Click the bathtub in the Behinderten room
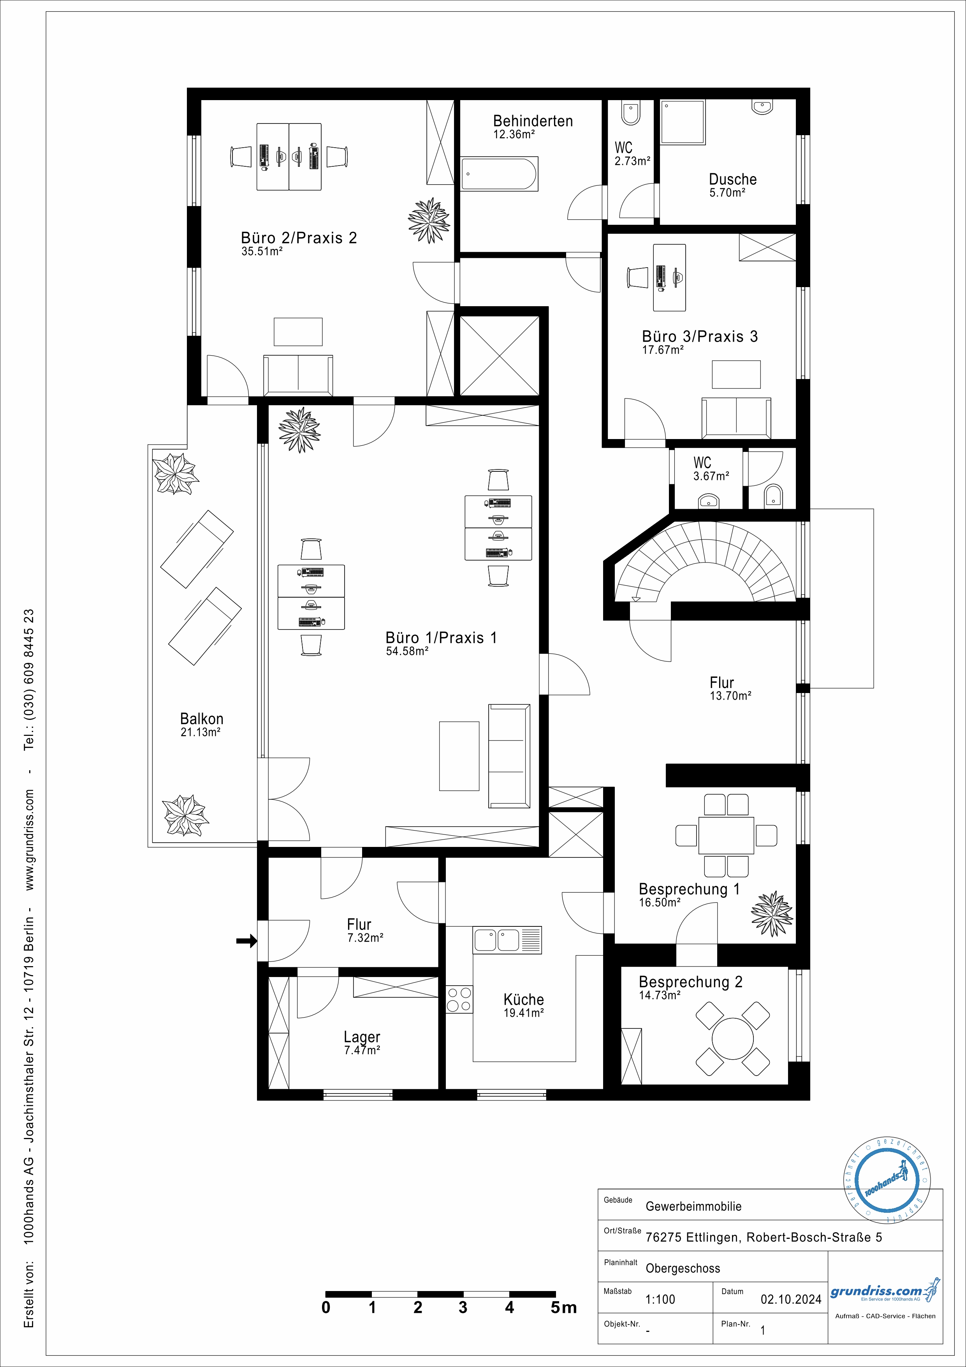500,174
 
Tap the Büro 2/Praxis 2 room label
299,238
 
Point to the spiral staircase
705,560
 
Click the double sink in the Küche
507,940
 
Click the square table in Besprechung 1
726,835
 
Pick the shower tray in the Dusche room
683,122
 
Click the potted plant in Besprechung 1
772,913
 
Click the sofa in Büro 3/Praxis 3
736,416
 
